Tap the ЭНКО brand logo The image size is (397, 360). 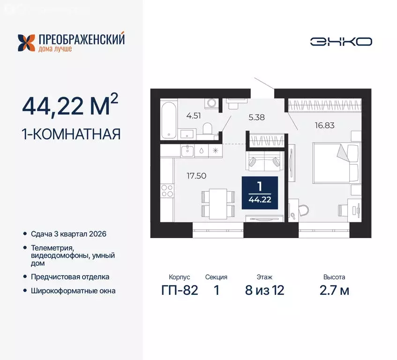point(341,42)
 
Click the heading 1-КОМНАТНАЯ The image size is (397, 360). point(71,134)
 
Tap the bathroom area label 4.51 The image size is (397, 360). point(193,115)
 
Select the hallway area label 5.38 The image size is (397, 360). point(256,118)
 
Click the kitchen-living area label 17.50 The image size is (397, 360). point(196,176)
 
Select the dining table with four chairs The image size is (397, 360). point(218,203)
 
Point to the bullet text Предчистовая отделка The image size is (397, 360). point(70,277)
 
